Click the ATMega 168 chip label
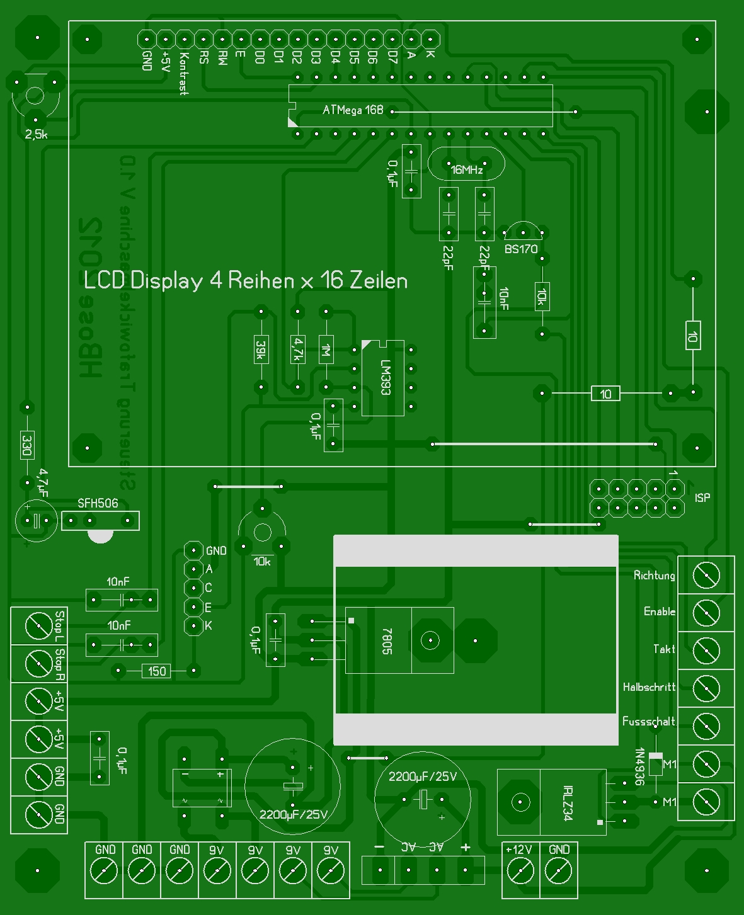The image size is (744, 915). pos(352,110)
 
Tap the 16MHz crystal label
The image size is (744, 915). pos(467,169)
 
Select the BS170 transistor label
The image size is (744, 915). pos(521,249)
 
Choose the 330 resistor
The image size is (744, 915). pos(27,445)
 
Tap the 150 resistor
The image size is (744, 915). pos(157,671)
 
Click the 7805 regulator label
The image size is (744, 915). pos(387,641)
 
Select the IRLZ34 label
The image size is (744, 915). pos(567,803)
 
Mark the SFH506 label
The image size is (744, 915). pos(98,503)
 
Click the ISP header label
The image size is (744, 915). pos(702,498)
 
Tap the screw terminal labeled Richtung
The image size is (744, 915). pos(706,576)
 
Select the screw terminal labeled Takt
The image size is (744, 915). pos(706,651)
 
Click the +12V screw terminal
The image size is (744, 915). pos(520,872)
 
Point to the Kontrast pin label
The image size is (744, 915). pos(183,73)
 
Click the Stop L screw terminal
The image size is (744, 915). pos(38,626)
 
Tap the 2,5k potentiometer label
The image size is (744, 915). pos(36,135)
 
